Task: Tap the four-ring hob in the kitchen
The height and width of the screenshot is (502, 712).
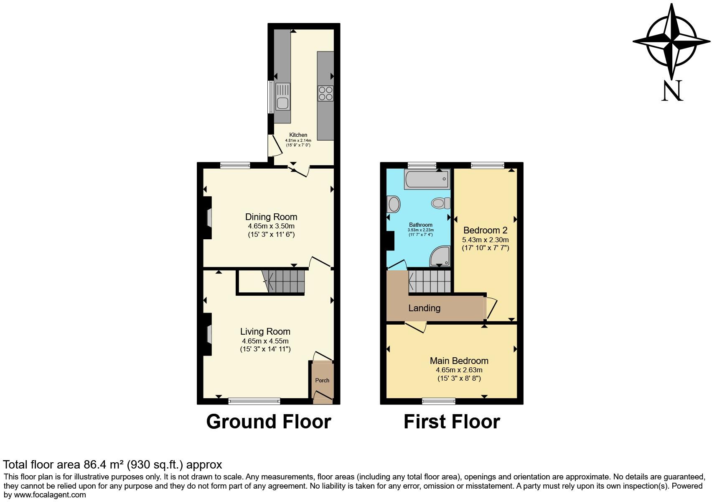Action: (x=325, y=93)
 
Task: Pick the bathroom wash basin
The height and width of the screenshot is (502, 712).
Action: (x=394, y=205)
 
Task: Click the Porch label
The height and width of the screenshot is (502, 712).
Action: (x=322, y=380)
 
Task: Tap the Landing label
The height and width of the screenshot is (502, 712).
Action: (x=424, y=308)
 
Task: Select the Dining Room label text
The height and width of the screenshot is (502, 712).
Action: (x=271, y=217)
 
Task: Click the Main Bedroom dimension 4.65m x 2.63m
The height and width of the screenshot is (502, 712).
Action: (x=459, y=370)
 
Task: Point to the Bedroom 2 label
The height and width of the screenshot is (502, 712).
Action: (x=485, y=230)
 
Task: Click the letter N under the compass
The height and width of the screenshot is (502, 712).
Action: (x=672, y=91)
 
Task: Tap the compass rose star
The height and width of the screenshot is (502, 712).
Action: (x=671, y=41)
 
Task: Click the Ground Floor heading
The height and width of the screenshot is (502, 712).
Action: (x=269, y=422)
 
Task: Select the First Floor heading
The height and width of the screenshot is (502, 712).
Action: (x=452, y=422)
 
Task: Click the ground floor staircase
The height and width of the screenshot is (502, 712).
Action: (x=284, y=281)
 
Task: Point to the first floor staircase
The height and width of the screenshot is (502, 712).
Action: (x=430, y=282)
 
